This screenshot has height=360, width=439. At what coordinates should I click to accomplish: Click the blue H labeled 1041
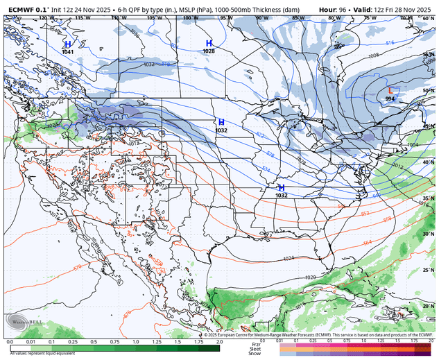68,44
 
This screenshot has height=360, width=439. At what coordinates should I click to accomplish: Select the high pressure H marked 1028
209,43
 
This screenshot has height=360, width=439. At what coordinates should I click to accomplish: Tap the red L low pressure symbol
391,90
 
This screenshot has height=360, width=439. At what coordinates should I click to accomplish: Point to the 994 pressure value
390,99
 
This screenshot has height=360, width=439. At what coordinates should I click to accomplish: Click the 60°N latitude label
429,19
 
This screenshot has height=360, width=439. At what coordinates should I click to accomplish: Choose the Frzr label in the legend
256,343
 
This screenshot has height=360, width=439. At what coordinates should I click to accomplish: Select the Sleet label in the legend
255,348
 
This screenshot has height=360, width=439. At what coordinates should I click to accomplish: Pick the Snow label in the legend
255,354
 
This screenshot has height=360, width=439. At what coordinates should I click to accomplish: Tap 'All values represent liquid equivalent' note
42,354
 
